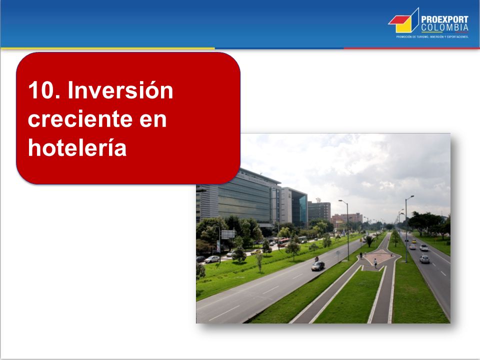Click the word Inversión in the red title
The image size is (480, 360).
pos(120,90)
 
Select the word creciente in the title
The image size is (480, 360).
pos(80,119)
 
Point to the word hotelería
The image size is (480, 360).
pos(77,148)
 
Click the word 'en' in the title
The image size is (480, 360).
pos(153,120)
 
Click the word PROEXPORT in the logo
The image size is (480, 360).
pos(444,19)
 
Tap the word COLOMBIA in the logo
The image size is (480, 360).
pos(444,27)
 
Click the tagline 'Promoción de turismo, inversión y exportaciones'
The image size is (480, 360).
pos(432,36)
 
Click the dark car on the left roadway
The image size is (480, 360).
pos(318,266)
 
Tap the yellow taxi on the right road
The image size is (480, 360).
pos(414,241)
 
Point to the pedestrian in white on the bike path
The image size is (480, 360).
pos(375,263)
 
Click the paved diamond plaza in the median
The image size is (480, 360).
pos(379,256)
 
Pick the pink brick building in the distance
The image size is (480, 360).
pos(347,219)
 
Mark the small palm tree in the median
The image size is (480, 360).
pos(369,240)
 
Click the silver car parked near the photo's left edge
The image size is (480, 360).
pos(212,259)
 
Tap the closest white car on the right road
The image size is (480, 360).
pos(424,259)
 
